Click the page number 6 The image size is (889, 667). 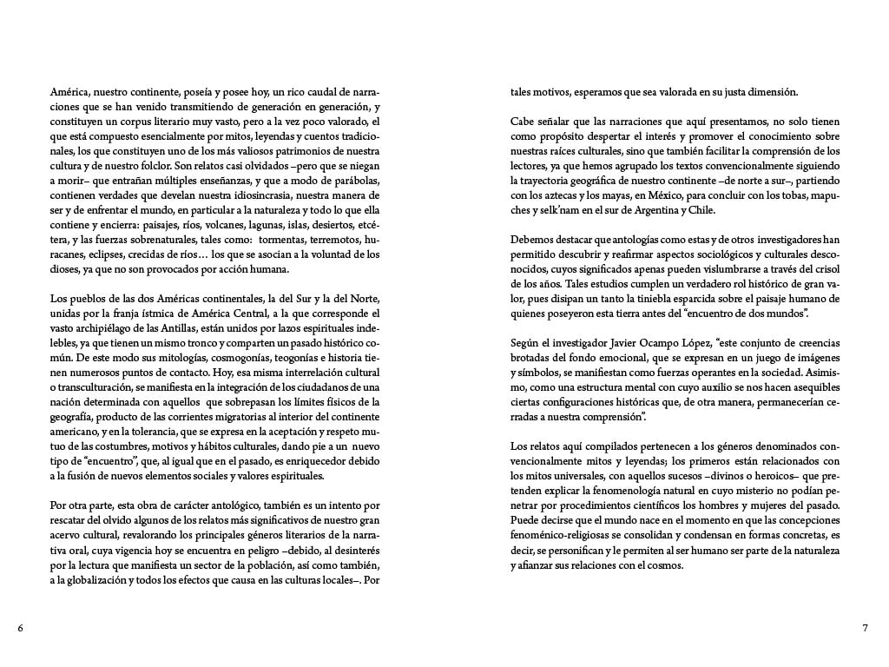tap(20, 627)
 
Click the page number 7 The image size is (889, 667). tap(865, 627)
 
